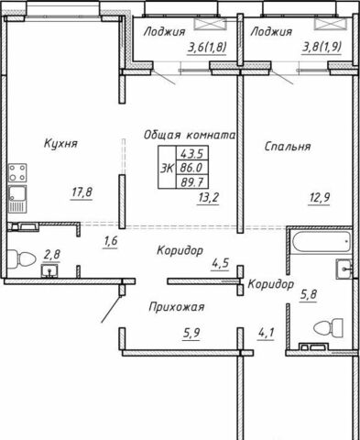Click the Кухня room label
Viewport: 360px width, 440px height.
click(60, 143)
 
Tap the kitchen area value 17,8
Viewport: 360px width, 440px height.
click(82, 192)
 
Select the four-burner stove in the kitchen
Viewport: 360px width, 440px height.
click(17, 173)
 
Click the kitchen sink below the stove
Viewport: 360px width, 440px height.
click(17, 199)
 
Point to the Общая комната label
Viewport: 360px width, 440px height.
click(190, 135)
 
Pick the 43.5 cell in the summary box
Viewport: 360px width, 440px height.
click(192, 153)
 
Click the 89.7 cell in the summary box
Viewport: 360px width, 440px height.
click(192, 182)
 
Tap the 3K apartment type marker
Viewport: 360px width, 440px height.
click(167, 168)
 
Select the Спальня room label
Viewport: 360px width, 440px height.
click(288, 147)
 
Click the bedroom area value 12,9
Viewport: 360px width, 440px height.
click(319, 198)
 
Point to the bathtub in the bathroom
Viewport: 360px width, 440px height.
click(321, 242)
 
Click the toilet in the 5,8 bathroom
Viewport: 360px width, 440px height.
click(328, 327)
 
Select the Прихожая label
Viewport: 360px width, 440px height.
click(177, 307)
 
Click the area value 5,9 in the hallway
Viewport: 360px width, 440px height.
click(191, 333)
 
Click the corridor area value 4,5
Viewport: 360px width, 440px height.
click(220, 263)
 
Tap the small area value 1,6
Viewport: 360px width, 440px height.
click(111, 241)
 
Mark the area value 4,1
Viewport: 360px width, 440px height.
click(266, 334)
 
